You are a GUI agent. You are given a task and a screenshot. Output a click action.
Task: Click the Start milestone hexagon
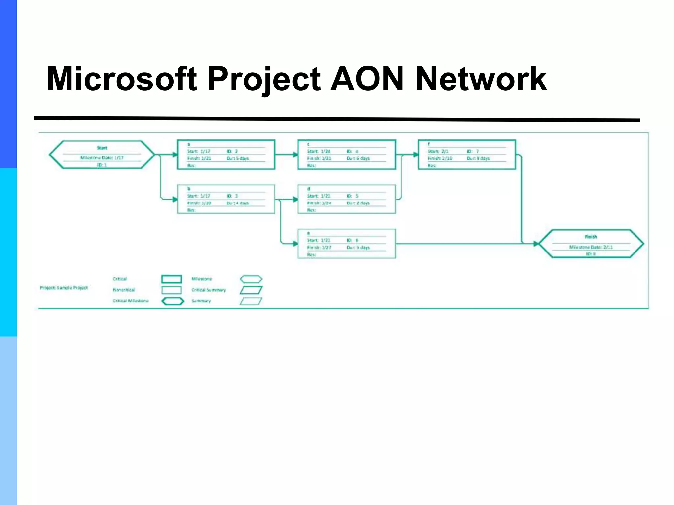tap(101, 155)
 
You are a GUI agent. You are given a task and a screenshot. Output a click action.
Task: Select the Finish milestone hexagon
tap(591, 244)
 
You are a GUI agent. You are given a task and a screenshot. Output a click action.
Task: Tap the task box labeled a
tap(226, 155)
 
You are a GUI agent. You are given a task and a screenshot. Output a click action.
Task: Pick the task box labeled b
tap(226, 199)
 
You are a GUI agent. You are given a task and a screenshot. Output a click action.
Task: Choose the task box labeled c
tap(347, 155)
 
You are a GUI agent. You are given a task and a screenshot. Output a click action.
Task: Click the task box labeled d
tap(347, 199)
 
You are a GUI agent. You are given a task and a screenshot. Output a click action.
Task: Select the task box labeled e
tap(347, 244)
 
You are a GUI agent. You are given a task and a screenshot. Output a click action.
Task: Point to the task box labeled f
tap(467, 155)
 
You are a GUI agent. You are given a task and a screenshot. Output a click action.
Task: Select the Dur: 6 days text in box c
tap(358, 158)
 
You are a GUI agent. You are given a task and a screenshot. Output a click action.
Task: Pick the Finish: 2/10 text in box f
tap(440, 158)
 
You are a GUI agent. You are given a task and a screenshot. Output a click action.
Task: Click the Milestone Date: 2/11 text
tap(591, 247)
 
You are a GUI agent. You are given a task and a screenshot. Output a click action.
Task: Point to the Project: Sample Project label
tap(64, 288)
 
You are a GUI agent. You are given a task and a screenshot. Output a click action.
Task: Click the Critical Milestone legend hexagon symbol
tap(172, 301)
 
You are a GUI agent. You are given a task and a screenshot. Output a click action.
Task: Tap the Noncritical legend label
tap(124, 290)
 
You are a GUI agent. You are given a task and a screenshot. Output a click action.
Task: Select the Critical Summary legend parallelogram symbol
tap(251, 290)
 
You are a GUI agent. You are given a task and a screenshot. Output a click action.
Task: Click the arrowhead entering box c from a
tap(295, 155)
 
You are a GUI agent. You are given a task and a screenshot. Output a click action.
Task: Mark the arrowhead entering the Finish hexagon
tap(536, 244)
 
